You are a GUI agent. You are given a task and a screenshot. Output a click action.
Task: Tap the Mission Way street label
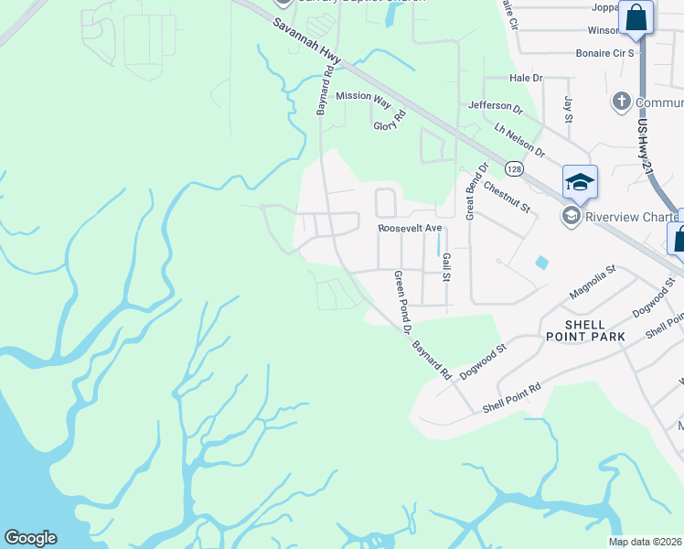[363, 95]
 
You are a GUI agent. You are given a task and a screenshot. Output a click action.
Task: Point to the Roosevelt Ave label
[410, 228]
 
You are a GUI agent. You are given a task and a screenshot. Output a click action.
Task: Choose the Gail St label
[447, 268]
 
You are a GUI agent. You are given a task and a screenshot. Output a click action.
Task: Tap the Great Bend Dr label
[471, 192]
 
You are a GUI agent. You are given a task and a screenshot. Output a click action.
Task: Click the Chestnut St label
[508, 196]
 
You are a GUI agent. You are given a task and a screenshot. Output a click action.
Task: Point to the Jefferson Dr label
[495, 107]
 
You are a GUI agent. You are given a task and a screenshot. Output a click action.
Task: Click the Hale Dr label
[526, 79]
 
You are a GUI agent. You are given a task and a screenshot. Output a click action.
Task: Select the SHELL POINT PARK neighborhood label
[582, 330]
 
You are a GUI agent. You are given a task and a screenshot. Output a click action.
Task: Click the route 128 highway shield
[514, 169]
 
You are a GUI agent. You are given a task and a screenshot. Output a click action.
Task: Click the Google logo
[30, 538]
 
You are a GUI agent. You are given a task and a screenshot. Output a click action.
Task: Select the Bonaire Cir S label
[604, 53]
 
